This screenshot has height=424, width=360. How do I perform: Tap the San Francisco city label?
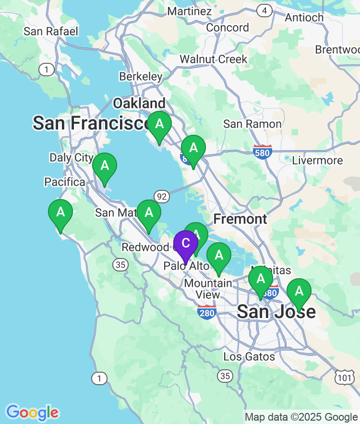coord(91,123)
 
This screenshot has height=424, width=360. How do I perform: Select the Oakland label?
coord(139,103)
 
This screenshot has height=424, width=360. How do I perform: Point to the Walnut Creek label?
coord(214,59)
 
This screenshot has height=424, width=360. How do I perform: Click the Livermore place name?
coord(317,160)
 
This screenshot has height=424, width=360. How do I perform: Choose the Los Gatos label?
coord(249,356)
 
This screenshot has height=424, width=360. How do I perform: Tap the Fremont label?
coord(240,219)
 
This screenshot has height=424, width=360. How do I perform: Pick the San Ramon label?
coord(252,124)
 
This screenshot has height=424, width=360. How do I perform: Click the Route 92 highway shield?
coord(162,196)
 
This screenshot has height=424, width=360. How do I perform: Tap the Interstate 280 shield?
coord(207,312)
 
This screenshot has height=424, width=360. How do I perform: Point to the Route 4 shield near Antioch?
coord(264,10)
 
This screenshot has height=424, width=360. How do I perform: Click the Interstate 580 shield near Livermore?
coord(263,152)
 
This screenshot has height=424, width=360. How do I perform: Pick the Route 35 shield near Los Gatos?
coord(225,376)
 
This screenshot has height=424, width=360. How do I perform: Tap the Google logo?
coord(33,412)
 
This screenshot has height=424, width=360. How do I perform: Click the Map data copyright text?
coord(301,417)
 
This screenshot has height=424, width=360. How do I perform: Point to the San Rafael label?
coord(50,32)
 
